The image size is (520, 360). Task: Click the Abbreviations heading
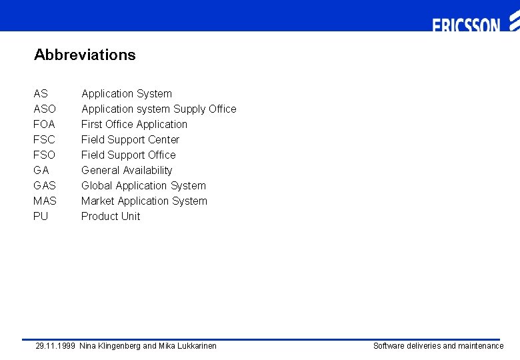pyautogui.click(x=85, y=55)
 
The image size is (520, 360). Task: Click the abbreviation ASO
pyautogui.click(x=45, y=109)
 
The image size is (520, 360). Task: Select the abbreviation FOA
pyautogui.click(x=45, y=124)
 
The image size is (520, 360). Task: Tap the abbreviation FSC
pyautogui.click(x=45, y=139)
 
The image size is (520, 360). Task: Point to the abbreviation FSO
pyautogui.click(x=45, y=155)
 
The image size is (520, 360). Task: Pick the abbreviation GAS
pyautogui.click(x=45, y=185)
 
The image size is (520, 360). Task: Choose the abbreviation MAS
pyautogui.click(x=45, y=201)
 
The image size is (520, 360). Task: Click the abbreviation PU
pyautogui.click(x=41, y=216)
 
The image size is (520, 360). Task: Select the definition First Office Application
pyautogui.click(x=134, y=124)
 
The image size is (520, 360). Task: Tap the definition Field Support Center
pyautogui.click(x=130, y=139)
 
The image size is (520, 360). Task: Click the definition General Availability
pyautogui.click(x=127, y=170)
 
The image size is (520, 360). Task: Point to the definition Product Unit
pyautogui.click(x=111, y=216)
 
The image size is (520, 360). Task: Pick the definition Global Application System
pyautogui.click(x=143, y=185)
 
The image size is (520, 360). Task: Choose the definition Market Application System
pyautogui.click(x=144, y=201)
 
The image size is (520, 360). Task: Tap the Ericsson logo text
pyautogui.click(x=466, y=25)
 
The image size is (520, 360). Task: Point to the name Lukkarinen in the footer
pyautogui.click(x=196, y=345)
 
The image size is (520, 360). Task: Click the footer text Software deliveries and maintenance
pyautogui.click(x=438, y=345)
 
